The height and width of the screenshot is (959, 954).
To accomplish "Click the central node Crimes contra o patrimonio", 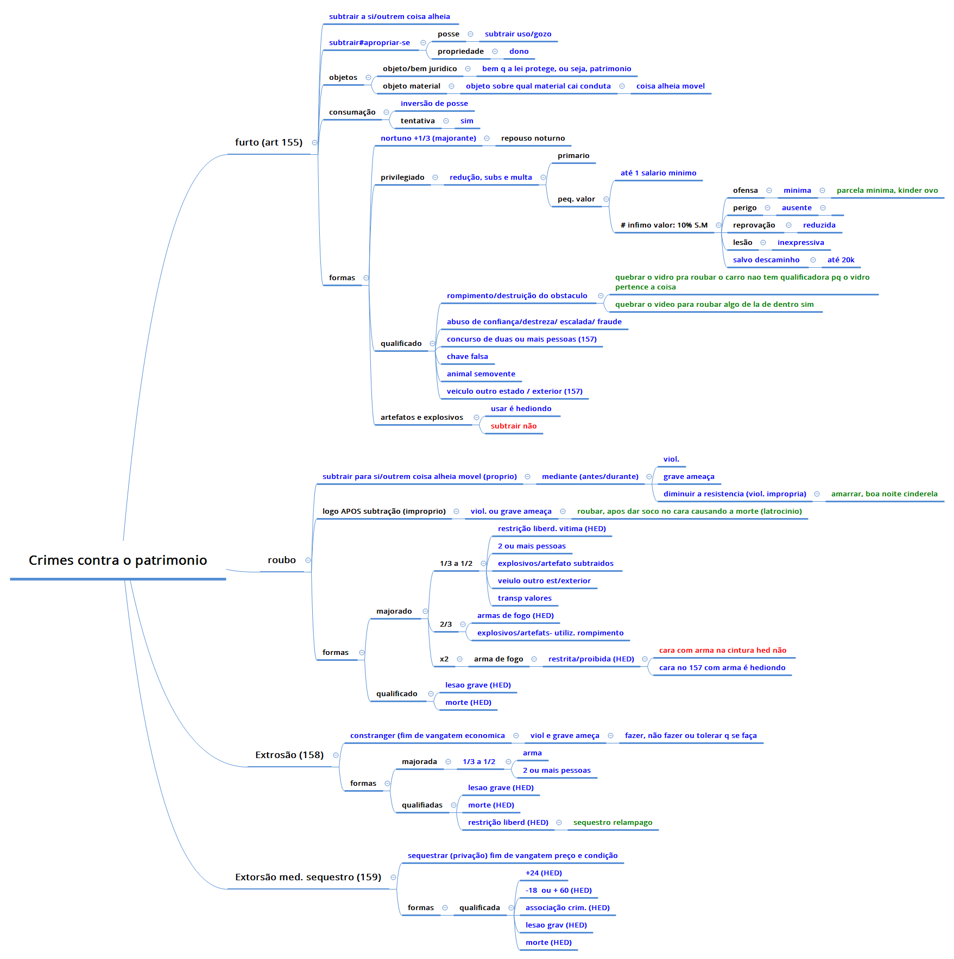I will [x=118, y=560].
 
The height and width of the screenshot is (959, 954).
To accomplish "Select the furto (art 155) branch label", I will [x=268, y=142].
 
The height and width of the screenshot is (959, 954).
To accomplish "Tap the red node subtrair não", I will [x=513, y=426].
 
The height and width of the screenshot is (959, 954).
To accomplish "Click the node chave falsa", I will [x=467, y=357].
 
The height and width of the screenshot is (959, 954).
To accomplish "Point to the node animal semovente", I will [x=481, y=374].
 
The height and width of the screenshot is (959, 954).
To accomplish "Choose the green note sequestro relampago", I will [x=612, y=823].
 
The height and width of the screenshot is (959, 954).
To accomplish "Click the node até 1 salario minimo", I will [x=658, y=173].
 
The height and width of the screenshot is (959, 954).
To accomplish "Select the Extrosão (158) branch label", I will [x=289, y=755].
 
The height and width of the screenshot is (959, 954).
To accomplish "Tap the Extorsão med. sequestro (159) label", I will [x=308, y=877].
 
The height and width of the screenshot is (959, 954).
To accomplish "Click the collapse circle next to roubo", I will [x=308, y=560].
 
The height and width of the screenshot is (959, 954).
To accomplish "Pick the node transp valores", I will [x=525, y=598].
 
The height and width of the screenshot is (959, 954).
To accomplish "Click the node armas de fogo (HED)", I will [x=515, y=616].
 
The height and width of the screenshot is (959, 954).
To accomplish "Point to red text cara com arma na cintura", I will [x=722, y=651].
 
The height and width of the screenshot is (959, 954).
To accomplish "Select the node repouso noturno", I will [x=533, y=138].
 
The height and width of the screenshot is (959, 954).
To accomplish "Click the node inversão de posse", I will [x=434, y=104].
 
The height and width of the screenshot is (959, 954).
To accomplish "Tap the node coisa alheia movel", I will [x=670, y=86].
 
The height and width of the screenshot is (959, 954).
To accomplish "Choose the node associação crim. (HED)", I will [x=567, y=908].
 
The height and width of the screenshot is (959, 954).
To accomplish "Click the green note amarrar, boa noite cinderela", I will [x=884, y=494].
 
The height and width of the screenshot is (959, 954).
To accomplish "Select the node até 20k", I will [x=841, y=260].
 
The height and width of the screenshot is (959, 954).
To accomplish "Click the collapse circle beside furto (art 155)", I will [x=314, y=142].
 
